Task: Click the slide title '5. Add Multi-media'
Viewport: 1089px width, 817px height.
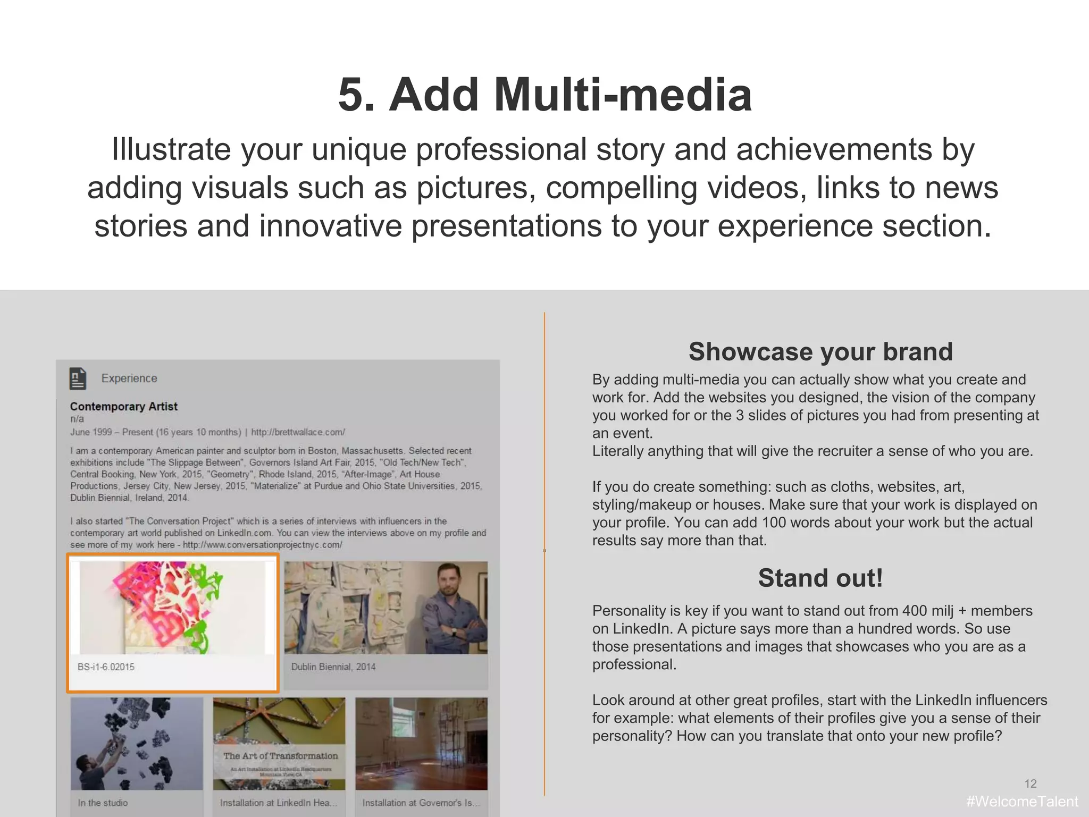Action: click(544, 95)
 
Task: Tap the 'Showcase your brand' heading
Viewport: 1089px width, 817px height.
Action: click(820, 352)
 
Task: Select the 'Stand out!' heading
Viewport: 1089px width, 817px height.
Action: click(820, 578)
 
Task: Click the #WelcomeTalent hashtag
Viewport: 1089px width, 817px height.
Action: click(1021, 801)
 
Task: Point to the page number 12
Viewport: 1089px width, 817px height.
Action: click(1030, 784)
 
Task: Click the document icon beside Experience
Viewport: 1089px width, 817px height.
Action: click(78, 378)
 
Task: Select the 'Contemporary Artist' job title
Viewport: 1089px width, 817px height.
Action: click(123, 407)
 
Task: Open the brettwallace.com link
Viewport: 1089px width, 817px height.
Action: click(298, 432)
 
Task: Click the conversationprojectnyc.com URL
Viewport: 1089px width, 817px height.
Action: click(262, 545)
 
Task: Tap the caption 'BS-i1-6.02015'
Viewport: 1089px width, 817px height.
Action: click(106, 667)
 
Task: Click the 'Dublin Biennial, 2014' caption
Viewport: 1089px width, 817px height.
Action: click(333, 667)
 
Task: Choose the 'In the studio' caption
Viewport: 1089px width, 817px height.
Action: click(103, 803)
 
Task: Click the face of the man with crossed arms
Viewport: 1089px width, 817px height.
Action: click(449, 581)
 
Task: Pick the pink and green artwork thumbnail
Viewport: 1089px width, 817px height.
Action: click(172, 607)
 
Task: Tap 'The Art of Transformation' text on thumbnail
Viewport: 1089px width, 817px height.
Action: click(280, 756)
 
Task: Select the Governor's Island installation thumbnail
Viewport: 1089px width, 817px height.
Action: click(421, 744)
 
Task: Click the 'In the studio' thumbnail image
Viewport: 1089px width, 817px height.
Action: click(137, 744)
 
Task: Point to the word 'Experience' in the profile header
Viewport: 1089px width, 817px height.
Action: click(129, 378)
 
